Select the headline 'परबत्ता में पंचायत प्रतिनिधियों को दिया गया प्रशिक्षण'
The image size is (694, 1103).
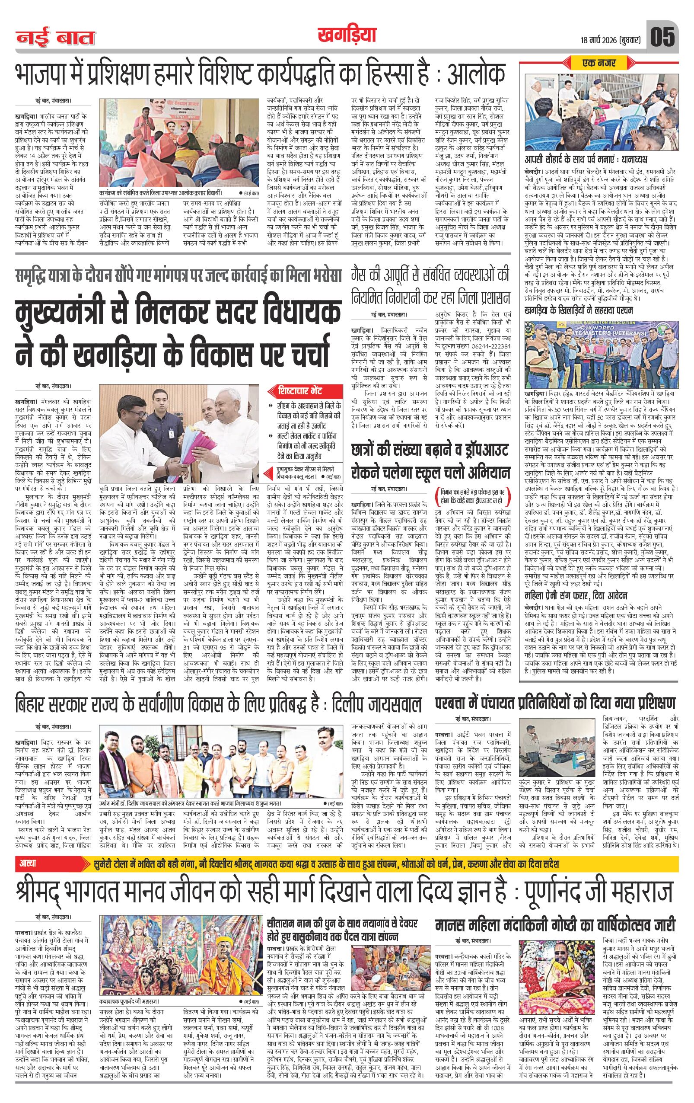click(554, 703)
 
